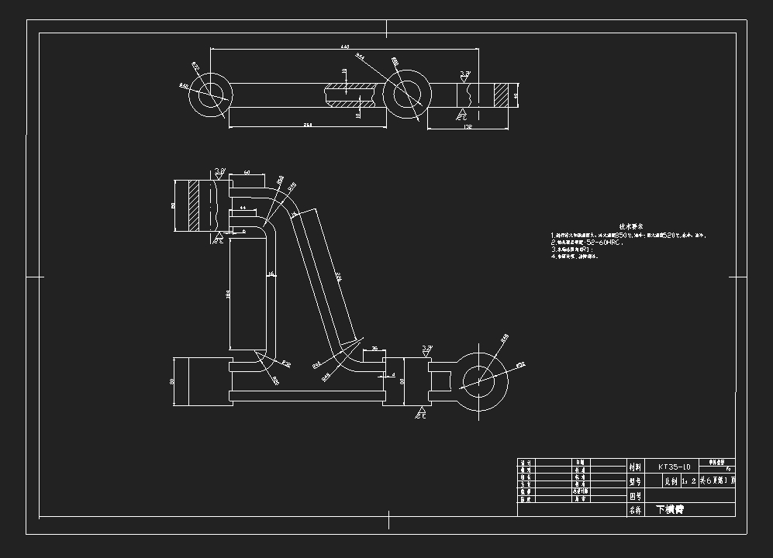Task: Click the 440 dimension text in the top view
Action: tap(345, 47)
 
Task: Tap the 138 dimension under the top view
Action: tap(468, 127)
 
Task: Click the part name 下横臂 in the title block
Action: tap(671, 510)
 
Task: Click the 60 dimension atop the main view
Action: tap(247, 172)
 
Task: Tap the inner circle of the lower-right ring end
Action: tap(480, 379)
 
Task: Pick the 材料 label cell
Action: tap(636, 467)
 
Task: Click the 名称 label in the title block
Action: tap(636, 510)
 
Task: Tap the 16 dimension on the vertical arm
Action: tap(271, 274)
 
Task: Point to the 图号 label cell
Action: tap(636, 496)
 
